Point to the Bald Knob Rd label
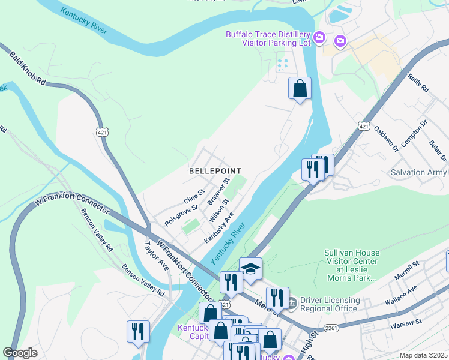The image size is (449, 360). point(28,67)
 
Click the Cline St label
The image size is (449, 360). point(194,197)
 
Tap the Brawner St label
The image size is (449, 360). point(218,191)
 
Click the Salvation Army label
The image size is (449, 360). point(419,172)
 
